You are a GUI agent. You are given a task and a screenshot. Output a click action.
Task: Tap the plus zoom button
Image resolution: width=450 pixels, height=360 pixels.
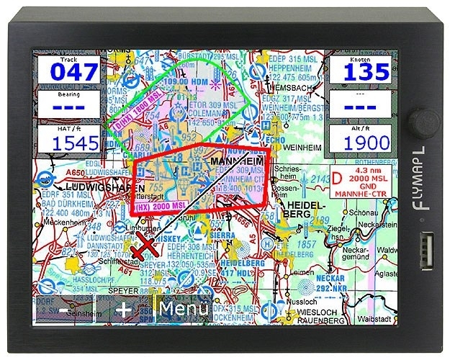coord(125,310)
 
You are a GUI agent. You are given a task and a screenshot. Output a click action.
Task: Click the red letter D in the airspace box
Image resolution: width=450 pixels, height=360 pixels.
coord(337,178)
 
